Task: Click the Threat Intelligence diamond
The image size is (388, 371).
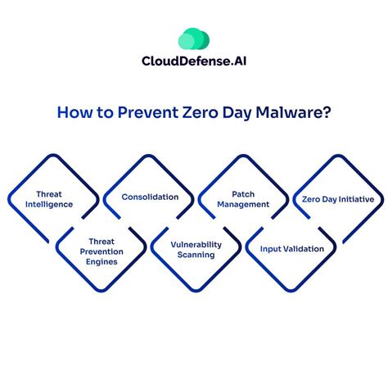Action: pos(53,199)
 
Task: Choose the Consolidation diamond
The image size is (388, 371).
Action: pos(149,197)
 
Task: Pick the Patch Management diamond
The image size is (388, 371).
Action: pos(242,199)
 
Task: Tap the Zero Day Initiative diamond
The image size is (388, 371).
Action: pos(337,199)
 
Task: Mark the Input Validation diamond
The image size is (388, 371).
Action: pos(291,249)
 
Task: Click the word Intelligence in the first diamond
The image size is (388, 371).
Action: pos(53,205)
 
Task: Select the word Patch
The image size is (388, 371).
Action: pos(242,194)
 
